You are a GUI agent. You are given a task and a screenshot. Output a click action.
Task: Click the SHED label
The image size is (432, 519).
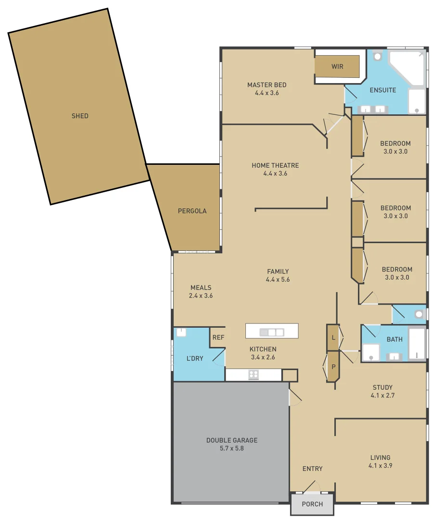(x=80, y=116)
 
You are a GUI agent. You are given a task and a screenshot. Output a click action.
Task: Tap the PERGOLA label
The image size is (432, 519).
(x=192, y=211)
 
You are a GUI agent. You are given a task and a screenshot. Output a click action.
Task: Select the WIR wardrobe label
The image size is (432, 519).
(x=337, y=66)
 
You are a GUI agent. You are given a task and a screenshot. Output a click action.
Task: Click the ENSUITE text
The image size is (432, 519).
(x=383, y=90)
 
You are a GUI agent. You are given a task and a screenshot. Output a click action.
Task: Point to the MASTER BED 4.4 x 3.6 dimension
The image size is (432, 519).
(x=267, y=93)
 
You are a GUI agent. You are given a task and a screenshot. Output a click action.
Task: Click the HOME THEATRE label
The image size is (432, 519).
(x=275, y=165)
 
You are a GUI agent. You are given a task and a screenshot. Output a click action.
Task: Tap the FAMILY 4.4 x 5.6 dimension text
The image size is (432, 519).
(x=278, y=280)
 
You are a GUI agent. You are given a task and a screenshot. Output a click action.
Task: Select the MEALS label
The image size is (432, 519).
(x=201, y=288)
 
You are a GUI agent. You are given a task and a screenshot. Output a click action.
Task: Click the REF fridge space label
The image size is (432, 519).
(x=218, y=337)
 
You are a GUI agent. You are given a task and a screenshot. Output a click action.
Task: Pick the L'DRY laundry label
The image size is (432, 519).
(x=195, y=358)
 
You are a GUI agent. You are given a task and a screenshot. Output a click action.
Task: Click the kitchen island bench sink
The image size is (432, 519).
(x=272, y=332)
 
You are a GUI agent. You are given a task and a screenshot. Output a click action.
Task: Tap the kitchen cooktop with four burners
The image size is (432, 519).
(x=254, y=374)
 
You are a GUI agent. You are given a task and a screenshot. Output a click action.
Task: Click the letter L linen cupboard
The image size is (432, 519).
(x=333, y=338)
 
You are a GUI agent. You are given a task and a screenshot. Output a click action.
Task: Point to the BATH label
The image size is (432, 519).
(x=394, y=339)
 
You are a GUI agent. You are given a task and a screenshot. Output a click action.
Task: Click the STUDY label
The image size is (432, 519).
(x=382, y=387)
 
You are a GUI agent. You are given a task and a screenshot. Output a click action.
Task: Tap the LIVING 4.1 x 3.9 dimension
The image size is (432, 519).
(x=380, y=466)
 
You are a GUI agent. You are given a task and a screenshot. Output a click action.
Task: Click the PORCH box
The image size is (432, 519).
(x=312, y=504)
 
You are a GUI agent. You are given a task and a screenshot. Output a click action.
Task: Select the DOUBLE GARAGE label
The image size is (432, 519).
(x=232, y=440)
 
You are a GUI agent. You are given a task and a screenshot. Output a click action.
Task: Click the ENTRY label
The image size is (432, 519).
(x=312, y=469)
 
